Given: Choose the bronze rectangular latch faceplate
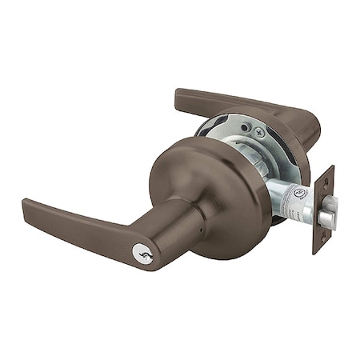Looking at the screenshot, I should (322, 210).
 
